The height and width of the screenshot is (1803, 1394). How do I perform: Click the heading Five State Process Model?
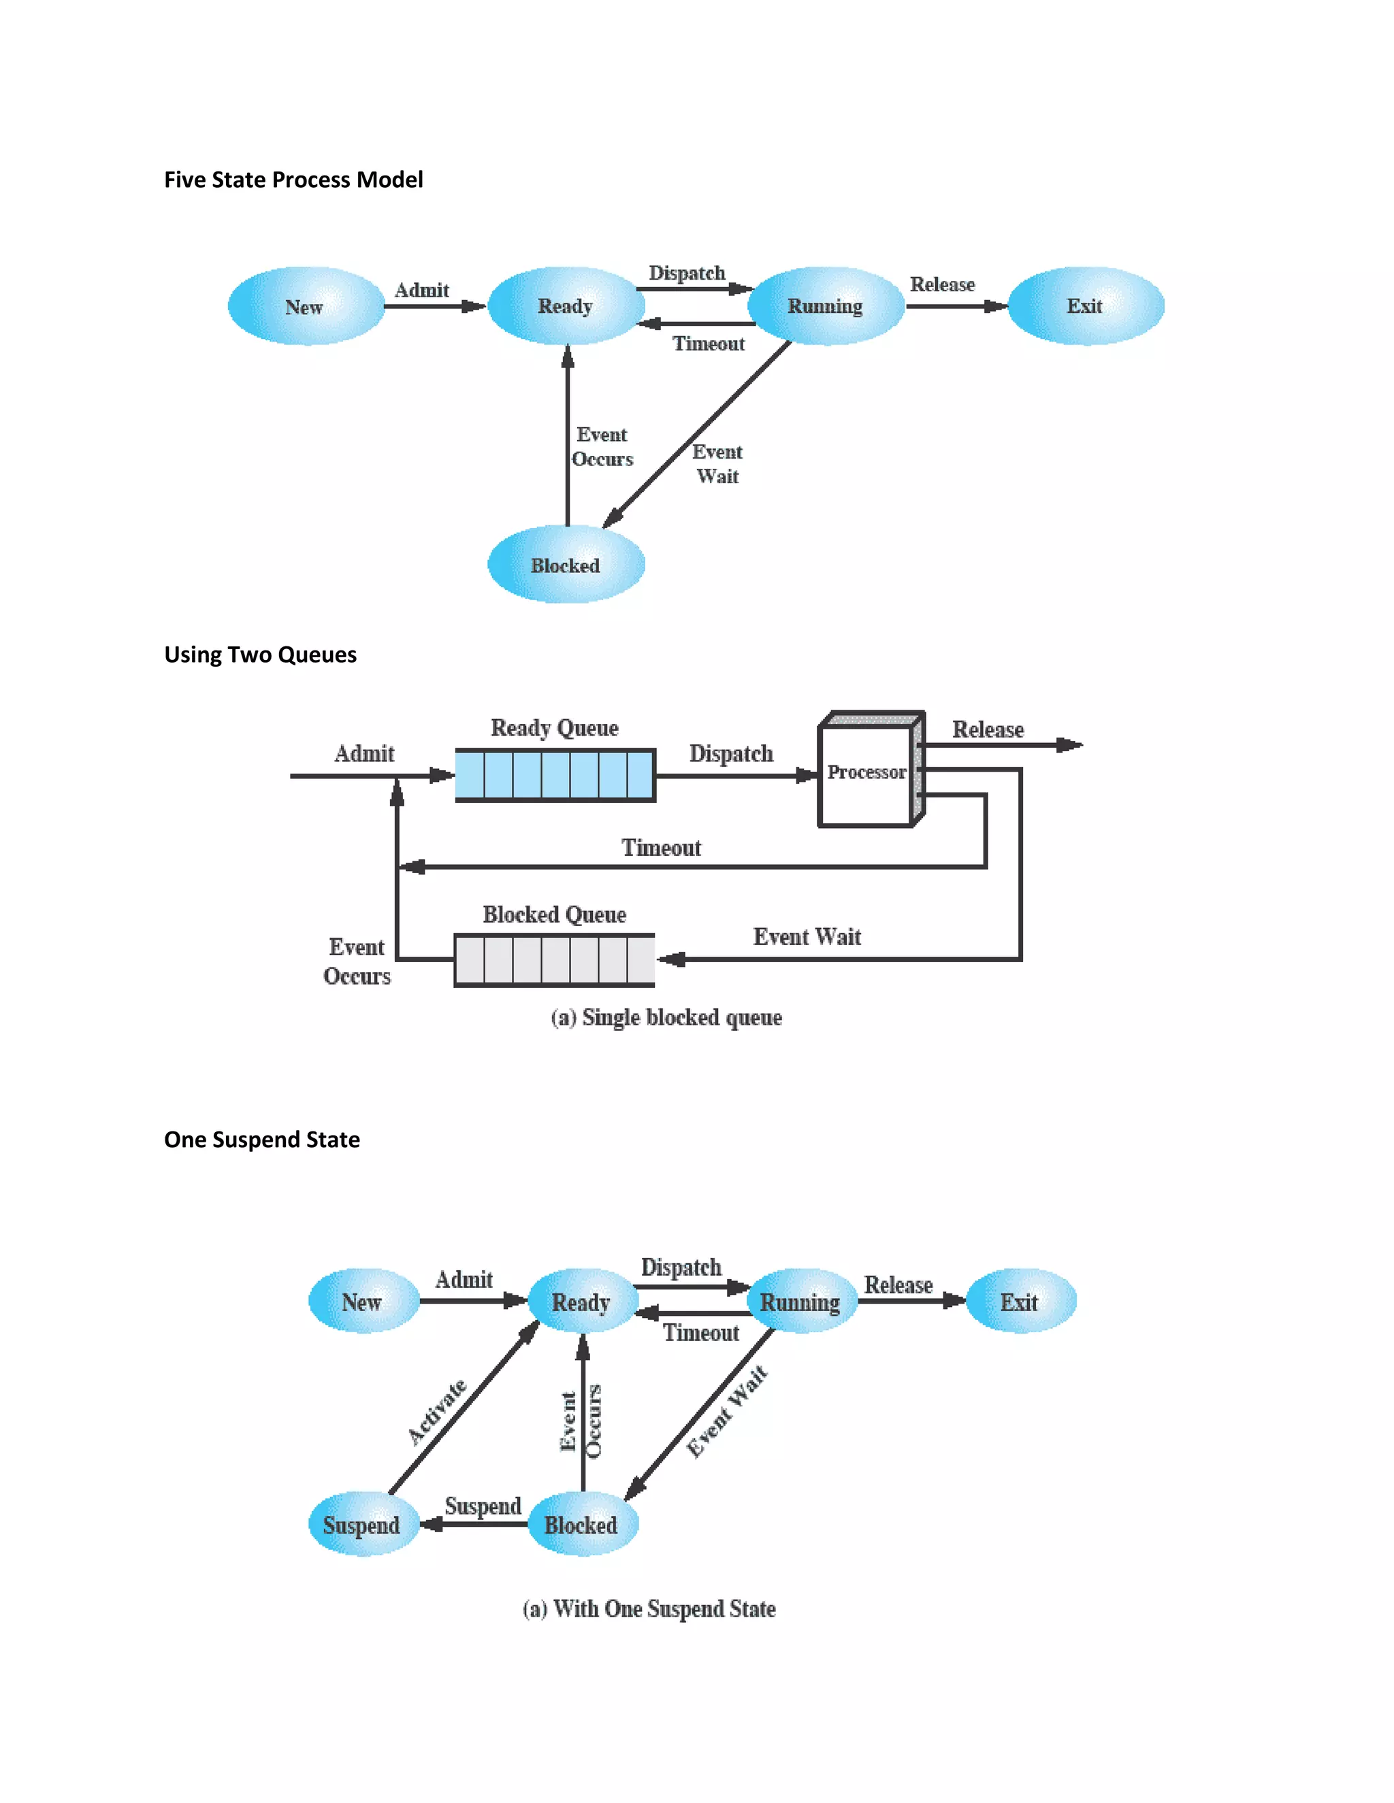293,180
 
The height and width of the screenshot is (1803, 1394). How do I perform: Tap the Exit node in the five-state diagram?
1085,306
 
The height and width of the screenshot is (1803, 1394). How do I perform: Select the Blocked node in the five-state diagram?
566,565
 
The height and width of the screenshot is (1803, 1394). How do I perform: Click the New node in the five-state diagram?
305,306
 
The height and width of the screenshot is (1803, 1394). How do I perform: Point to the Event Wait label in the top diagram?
717,464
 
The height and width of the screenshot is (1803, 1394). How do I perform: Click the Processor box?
866,772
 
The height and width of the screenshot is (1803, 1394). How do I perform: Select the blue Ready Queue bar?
555,775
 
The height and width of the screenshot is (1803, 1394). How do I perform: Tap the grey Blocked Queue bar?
554,960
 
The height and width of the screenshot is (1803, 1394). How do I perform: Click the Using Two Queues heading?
260,655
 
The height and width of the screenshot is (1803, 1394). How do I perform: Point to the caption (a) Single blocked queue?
666,1017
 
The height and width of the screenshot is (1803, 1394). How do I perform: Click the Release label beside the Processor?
988,730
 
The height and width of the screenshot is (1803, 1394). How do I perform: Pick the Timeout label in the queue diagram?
661,848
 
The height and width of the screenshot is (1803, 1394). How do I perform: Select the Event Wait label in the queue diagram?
807,937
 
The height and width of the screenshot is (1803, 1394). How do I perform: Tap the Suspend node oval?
361,1525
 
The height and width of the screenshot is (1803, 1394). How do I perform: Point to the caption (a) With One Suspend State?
649,1609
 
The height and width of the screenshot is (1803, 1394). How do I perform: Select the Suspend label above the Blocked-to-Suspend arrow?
483,1506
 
